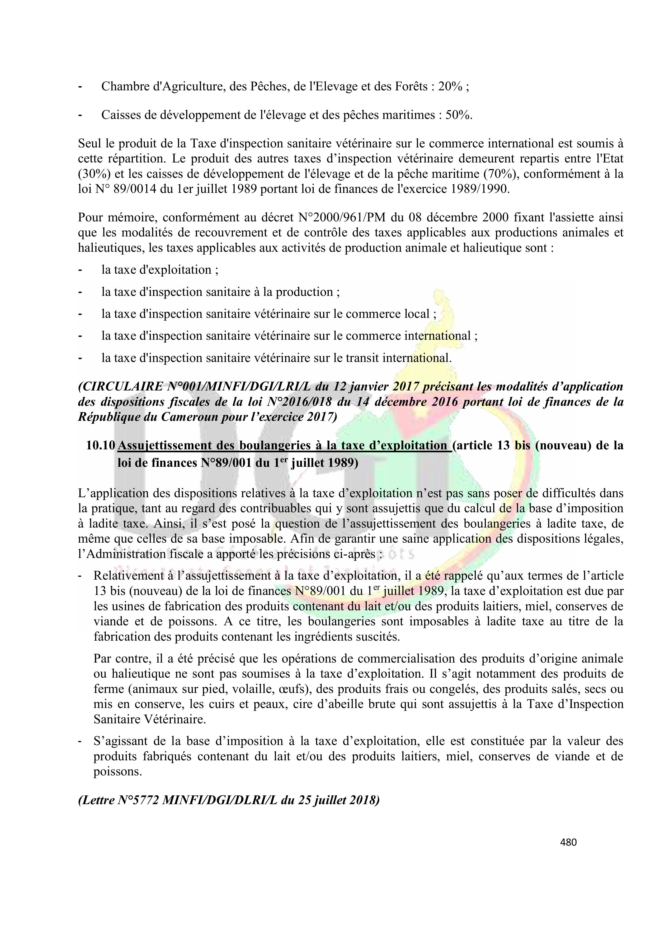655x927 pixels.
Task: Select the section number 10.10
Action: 101,445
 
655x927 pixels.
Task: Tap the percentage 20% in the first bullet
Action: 450,86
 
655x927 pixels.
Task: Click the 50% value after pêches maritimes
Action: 458,115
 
